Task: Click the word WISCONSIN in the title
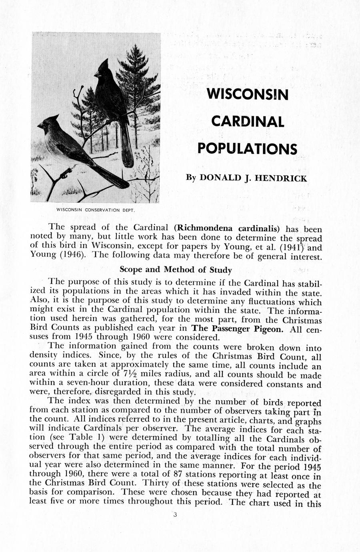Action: coord(248,95)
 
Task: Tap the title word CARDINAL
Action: coord(248,121)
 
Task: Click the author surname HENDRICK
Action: coord(281,178)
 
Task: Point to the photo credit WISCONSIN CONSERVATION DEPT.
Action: coord(95,210)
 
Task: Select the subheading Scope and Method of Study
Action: coord(176,270)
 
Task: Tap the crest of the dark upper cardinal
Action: coord(105,64)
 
